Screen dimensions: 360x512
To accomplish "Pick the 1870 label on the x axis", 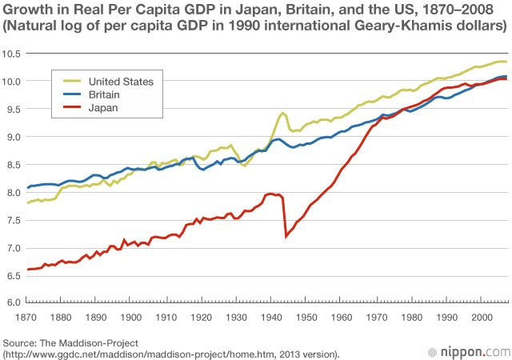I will click(28, 318).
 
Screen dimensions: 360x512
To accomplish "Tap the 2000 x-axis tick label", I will click(480, 318).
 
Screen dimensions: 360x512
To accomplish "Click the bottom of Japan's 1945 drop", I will click(286, 236).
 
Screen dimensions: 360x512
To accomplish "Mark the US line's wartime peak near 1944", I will click(282, 113).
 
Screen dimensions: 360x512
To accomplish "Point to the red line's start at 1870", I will click(28, 269).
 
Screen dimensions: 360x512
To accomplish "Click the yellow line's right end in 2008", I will click(506, 62).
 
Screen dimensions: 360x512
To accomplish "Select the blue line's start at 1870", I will click(28, 188).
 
